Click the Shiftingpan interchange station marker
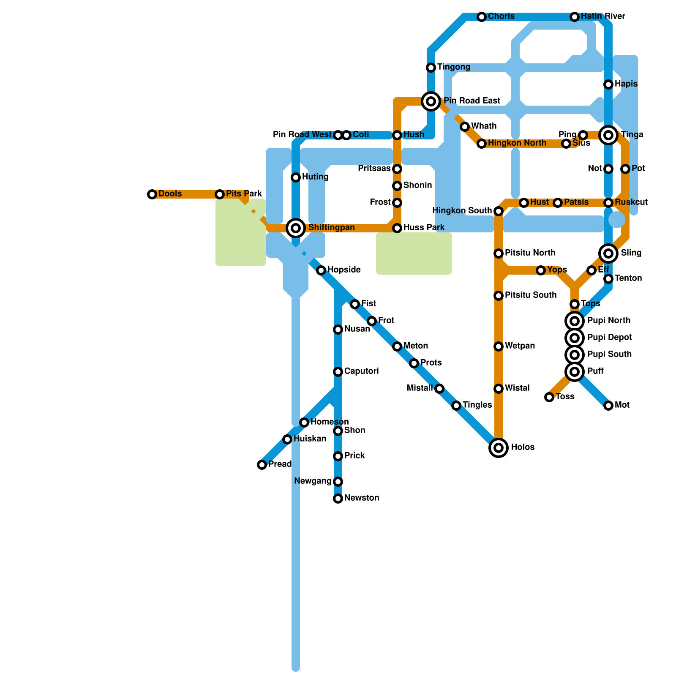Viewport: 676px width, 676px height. [x=296, y=228]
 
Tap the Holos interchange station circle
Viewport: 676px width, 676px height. [x=499, y=448]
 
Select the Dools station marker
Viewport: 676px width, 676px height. [x=152, y=194]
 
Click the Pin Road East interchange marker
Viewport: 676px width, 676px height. [x=431, y=101]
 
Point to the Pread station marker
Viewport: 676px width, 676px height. [x=262, y=465]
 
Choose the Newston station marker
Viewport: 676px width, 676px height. [x=338, y=499]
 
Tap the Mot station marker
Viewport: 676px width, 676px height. [x=608, y=406]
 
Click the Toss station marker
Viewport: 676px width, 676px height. [x=549, y=397]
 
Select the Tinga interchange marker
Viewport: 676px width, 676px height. [x=608, y=135]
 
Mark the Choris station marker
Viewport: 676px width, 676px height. [x=482, y=17]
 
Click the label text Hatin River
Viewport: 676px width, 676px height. [x=603, y=16]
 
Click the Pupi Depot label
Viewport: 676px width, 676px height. [x=609, y=338]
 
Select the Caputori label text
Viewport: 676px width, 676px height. [x=361, y=371]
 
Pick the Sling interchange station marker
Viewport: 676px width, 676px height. [x=608, y=253]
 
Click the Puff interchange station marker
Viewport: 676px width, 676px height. [x=575, y=372]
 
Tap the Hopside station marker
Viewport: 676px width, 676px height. [x=321, y=270]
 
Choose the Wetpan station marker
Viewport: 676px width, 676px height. [x=499, y=346]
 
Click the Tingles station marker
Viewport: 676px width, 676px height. [x=456, y=406]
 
